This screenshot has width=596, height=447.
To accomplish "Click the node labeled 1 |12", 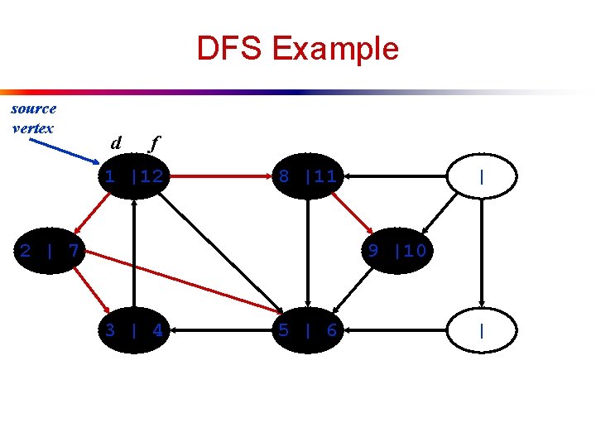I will click(x=133, y=175).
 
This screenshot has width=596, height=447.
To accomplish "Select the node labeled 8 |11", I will click(x=307, y=175).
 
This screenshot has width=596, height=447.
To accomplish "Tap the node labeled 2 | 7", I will click(x=50, y=250).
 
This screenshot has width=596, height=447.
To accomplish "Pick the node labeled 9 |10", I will click(x=397, y=250).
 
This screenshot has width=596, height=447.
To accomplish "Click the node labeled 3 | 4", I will click(x=133, y=330).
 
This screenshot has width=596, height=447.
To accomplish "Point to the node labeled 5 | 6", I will click(x=307, y=330).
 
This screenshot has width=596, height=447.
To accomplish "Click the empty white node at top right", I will click(x=482, y=176).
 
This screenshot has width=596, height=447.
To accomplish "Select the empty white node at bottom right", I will click(x=482, y=330).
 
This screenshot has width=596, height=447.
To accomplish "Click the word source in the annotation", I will click(x=34, y=108).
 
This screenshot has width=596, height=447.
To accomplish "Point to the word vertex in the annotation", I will click(x=33, y=127).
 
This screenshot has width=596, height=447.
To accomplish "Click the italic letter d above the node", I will click(x=116, y=143).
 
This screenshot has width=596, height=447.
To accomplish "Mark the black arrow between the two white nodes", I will click(x=482, y=252).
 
